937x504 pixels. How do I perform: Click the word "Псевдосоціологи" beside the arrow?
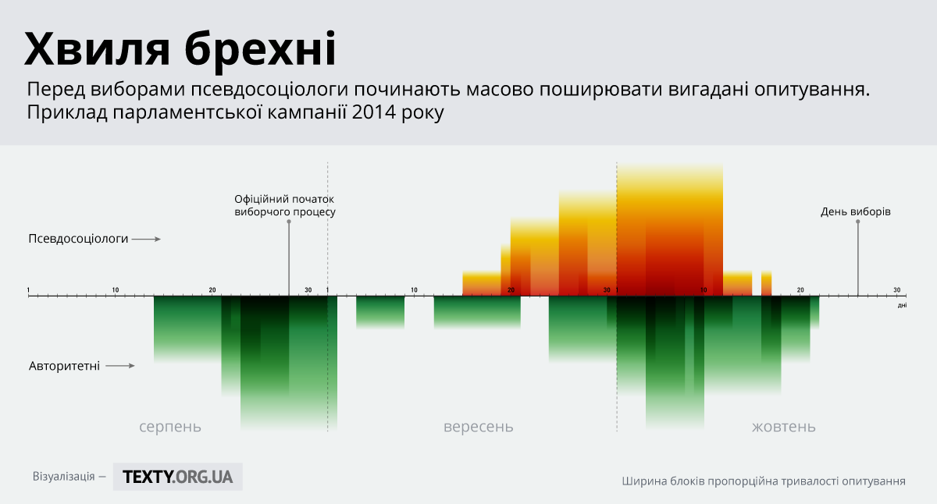(x=77, y=239)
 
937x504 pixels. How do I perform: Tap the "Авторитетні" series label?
(x=64, y=365)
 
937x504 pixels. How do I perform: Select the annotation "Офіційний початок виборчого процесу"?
(x=285, y=205)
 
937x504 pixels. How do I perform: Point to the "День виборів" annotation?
(x=856, y=211)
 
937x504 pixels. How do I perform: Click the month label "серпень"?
(x=170, y=427)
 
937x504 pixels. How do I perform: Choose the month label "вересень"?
(x=479, y=427)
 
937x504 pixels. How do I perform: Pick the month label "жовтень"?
(x=784, y=427)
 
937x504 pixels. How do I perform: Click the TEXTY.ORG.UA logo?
(x=178, y=477)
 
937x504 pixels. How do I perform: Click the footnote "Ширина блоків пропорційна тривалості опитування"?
(x=764, y=481)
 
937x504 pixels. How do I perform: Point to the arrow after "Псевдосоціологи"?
(x=146, y=239)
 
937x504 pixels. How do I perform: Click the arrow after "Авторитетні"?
(x=120, y=365)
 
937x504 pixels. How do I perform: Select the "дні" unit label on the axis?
(x=902, y=306)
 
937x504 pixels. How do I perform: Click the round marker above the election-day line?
(x=858, y=222)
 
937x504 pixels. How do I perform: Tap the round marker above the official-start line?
(x=289, y=222)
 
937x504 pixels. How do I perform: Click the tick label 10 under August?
(x=116, y=290)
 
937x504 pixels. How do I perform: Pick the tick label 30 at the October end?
(x=897, y=290)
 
